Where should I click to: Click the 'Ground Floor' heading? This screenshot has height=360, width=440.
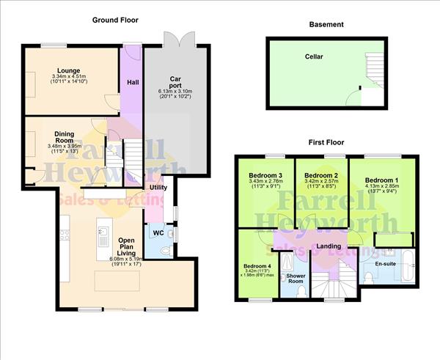[114, 20]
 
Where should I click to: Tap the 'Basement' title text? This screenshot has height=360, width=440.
[326, 24]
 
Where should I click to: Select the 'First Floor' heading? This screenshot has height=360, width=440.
[326, 142]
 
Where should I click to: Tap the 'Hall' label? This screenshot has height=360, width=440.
[133, 82]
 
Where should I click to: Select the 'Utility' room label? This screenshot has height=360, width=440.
[159, 188]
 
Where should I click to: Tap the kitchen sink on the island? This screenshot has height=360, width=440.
[103, 236]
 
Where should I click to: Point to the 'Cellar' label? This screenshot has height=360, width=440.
[315, 56]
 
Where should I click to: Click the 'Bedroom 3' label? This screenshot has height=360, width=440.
[265, 176]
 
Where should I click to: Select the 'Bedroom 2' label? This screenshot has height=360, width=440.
[321, 176]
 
